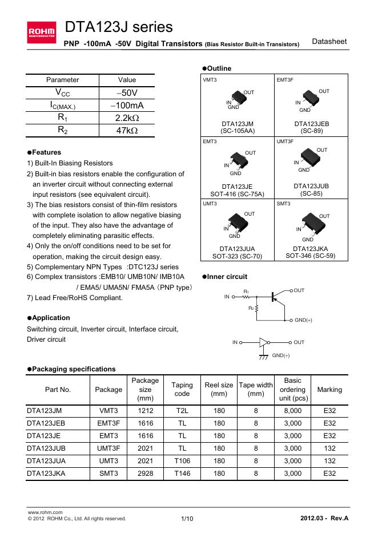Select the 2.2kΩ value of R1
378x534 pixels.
(126, 118)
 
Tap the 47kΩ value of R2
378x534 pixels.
(126, 131)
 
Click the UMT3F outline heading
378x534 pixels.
(285, 141)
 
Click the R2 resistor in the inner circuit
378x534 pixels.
(257, 309)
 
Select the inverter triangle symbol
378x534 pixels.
(263, 342)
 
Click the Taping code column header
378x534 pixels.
(182, 389)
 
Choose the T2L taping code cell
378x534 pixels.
(182, 409)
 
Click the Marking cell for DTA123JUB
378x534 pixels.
(329, 448)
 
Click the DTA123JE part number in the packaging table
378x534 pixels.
(45, 435)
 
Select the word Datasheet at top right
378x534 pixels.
(329, 42)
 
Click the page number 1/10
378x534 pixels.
(187, 518)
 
